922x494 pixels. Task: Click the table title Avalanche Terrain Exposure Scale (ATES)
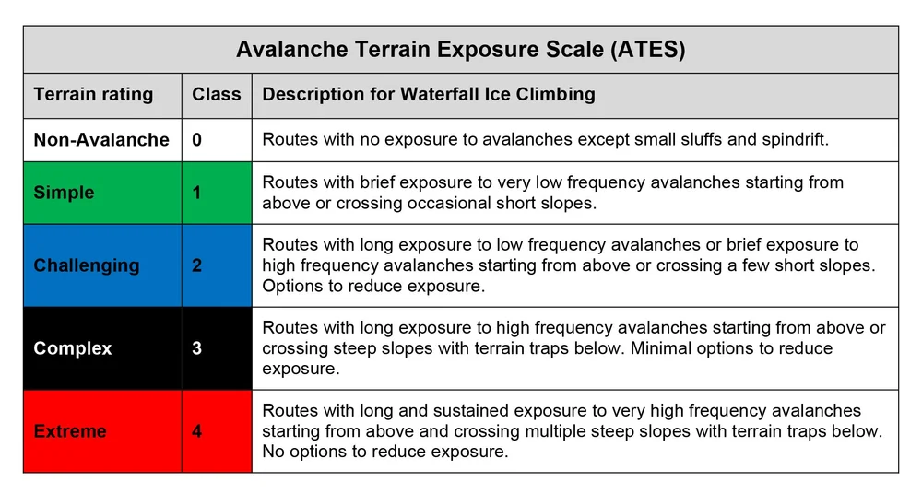coord(460,50)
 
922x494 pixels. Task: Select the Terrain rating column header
coord(93,95)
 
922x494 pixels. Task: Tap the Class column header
coord(216,95)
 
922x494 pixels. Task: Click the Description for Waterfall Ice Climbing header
coord(429,95)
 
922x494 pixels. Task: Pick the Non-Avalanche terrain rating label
coord(101,140)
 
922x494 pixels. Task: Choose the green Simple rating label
coord(64,193)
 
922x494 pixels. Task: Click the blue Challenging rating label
coord(87,265)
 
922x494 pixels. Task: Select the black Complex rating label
coord(73,348)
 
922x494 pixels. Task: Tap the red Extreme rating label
coord(70,430)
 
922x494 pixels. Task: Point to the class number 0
coord(197,140)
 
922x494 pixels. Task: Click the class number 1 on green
coord(197,193)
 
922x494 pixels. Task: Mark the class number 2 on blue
coord(197,265)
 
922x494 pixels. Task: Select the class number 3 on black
coord(197,348)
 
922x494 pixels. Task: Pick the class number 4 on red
coord(197,430)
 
